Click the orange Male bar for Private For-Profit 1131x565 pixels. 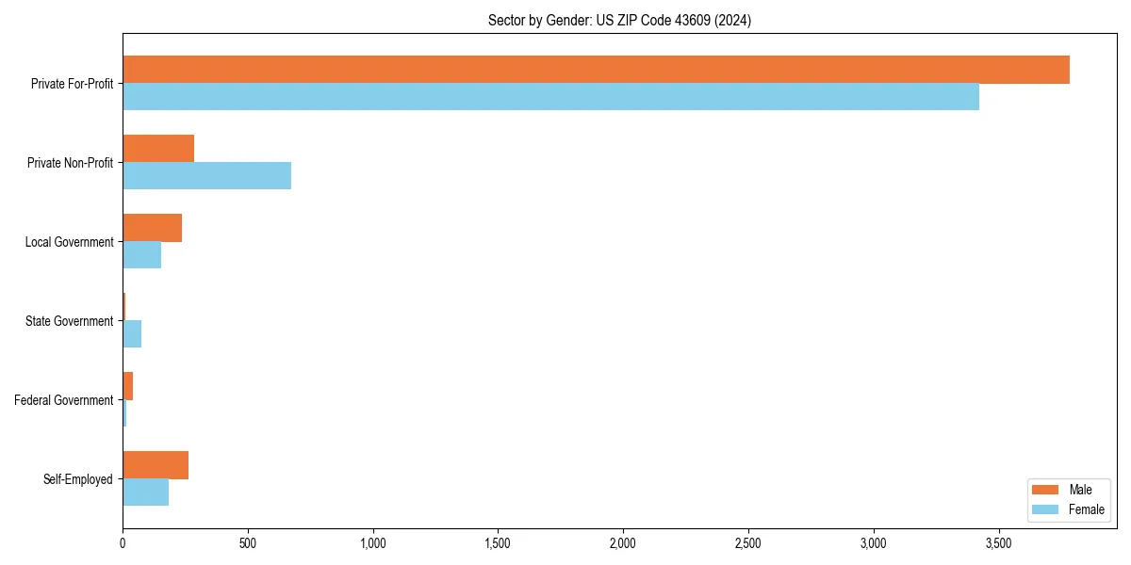(x=596, y=70)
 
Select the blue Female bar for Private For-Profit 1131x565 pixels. (x=550, y=97)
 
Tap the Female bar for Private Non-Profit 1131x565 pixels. (x=206, y=176)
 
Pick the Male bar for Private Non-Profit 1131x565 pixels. (x=158, y=149)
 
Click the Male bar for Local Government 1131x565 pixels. (x=152, y=228)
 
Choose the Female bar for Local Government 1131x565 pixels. (x=141, y=255)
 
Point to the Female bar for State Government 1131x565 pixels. (x=132, y=334)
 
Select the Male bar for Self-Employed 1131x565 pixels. (x=156, y=465)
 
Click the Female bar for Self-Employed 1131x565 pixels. (x=145, y=492)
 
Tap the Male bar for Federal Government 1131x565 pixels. (x=128, y=386)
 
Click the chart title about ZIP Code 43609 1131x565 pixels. (x=619, y=20)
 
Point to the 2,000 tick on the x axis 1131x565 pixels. (x=623, y=543)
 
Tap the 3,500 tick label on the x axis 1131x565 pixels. (x=998, y=543)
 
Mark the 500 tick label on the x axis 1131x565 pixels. (x=248, y=543)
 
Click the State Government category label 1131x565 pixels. (x=69, y=321)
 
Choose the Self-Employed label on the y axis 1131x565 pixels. (x=78, y=479)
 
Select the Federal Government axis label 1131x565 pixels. (x=64, y=400)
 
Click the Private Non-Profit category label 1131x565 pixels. (x=70, y=163)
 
